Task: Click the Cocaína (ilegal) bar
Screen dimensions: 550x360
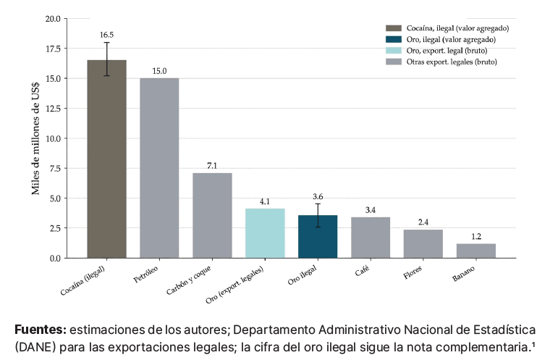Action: pos(106,159)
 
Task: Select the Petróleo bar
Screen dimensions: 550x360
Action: pos(159,168)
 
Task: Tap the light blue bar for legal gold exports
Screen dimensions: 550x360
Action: pos(265,233)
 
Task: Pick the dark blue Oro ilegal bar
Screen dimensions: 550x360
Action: pos(318,237)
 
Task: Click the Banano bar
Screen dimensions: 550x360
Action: pos(476,251)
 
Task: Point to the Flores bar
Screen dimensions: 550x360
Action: pos(423,244)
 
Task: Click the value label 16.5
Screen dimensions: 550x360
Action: pos(106,35)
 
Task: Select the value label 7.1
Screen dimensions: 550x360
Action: pos(212,165)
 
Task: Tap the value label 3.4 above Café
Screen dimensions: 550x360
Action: pos(371,210)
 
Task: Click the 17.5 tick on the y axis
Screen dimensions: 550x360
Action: pos(53,49)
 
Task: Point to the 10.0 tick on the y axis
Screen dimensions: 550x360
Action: pos(53,138)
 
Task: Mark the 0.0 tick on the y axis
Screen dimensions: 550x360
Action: pos(55,259)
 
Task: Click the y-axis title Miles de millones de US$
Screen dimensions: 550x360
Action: pos(35,138)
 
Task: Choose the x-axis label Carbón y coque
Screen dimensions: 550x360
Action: pos(189,280)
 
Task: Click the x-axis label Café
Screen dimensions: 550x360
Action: pos(362,271)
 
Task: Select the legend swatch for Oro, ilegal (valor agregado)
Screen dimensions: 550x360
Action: pos(394,39)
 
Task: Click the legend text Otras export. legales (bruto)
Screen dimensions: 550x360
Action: pos(452,62)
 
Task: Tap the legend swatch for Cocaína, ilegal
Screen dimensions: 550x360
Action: pos(394,28)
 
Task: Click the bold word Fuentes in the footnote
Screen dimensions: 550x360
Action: pos(41,330)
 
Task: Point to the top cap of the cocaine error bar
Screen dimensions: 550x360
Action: pos(106,43)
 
